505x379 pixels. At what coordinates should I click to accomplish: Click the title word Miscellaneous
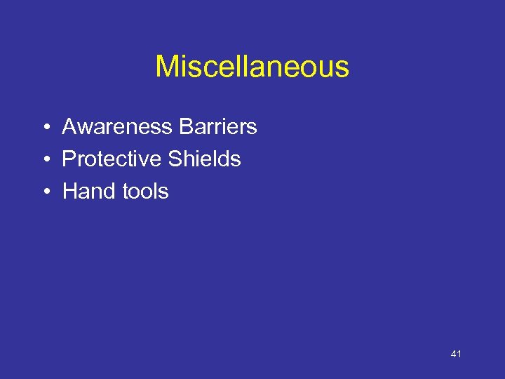pos(252,67)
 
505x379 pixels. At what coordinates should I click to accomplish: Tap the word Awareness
pos(117,127)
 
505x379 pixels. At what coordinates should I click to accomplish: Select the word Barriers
pos(218,127)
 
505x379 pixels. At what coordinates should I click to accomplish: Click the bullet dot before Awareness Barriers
pos(44,128)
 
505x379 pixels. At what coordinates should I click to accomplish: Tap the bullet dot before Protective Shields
pos(44,160)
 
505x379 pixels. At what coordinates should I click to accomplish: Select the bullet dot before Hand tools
pos(44,192)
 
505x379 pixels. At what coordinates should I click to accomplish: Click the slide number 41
pos(456,354)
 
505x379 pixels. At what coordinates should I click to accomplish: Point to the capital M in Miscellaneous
pos(167,67)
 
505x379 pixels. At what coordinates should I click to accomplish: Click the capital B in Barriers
pos(186,127)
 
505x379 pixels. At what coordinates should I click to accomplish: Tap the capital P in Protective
pos(69,159)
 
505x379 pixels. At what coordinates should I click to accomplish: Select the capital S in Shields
pos(175,159)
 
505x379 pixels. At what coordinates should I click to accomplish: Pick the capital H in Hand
pos(70,191)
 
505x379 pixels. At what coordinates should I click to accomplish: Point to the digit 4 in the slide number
pos(454,354)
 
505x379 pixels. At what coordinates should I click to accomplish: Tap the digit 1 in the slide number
pos(459,354)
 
